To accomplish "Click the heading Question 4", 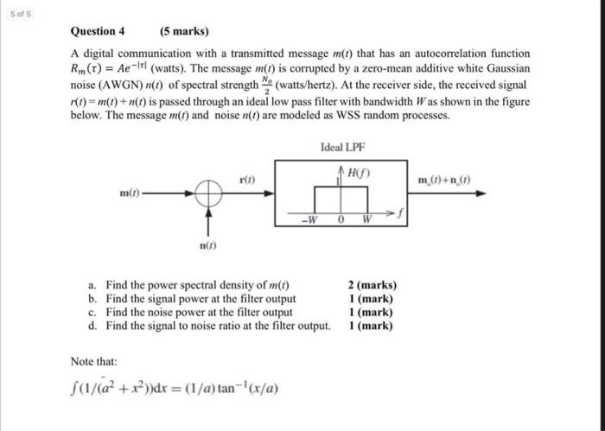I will coord(98,32).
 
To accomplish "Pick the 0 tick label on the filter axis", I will coord(342,217).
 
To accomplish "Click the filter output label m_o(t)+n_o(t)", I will coord(443,181).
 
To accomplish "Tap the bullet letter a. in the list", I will coord(92,284).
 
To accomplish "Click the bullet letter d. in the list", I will coord(92,326).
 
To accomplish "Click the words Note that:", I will coord(93,362).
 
